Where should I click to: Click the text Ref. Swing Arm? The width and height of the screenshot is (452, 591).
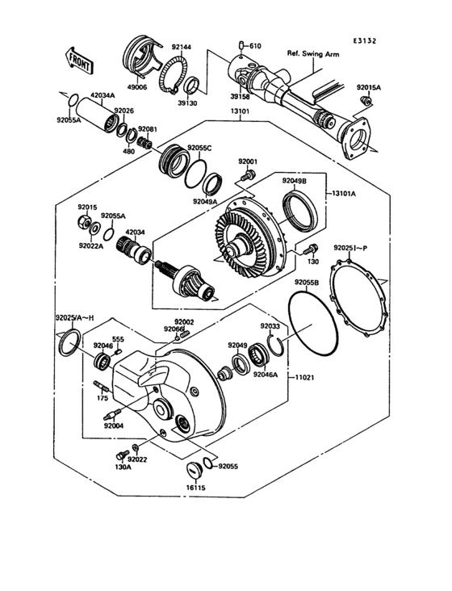tap(314, 54)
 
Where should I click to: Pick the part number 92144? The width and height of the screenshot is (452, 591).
tap(181, 48)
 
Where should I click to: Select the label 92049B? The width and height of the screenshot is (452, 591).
tap(295, 181)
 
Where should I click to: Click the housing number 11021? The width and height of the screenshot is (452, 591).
tap(304, 377)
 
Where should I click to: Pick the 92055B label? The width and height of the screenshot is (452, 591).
tap(307, 283)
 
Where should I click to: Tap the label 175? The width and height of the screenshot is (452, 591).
tap(103, 397)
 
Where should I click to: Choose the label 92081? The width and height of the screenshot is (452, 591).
tap(147, 128)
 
